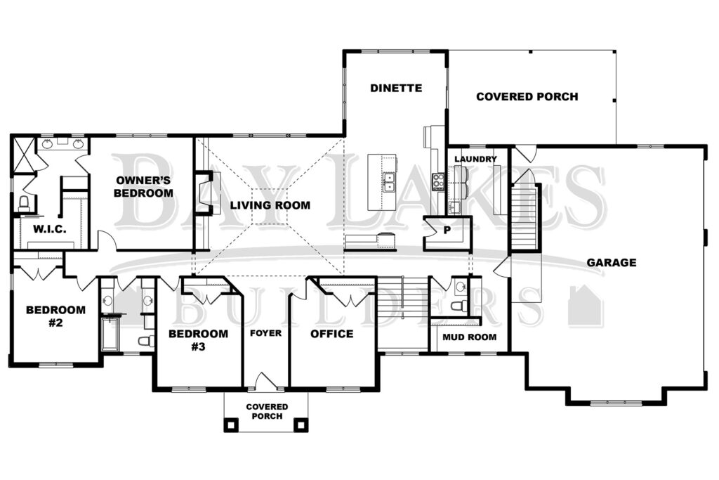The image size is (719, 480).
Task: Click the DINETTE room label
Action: [x=396, y=88]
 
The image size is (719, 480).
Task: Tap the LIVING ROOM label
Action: [x=270, y=205]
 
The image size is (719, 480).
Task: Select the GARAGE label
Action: [x=612, y=262]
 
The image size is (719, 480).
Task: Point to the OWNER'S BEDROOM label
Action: [x=143, y=186]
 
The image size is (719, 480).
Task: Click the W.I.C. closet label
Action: [x=50, y=229]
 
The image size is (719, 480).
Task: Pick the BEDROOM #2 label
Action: [x=55, y=316]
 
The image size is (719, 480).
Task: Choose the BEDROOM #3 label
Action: [x=198, y=340]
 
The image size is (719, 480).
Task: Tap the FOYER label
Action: [x=266, y=332]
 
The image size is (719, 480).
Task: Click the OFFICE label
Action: [x=332, y=334]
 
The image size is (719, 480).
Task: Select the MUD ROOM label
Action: [x=470, y=337]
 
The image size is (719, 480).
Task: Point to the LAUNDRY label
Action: [x=475, y=159]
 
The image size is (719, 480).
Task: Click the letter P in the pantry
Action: [x=447, y=231]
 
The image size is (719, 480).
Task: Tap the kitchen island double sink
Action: [x=389, y=181]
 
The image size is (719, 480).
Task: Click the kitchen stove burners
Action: [x=438, y=182]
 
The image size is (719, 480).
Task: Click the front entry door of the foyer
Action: [x=266, y=382]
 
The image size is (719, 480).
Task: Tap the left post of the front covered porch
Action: [x=231, y=424]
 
